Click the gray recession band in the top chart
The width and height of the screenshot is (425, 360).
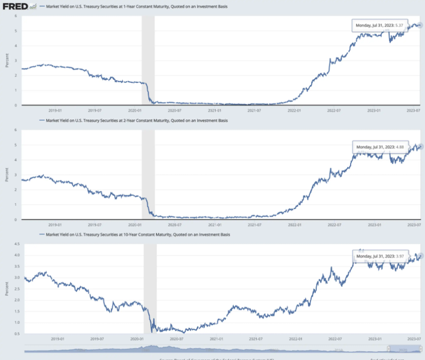pos(148,59)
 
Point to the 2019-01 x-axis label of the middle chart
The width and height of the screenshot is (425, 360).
pos(55,224)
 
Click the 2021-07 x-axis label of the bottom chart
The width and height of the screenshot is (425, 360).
pos(254,339)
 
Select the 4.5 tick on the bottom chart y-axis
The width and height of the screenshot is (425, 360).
pos(17,244)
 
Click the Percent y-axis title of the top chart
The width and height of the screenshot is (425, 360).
pos(7,60)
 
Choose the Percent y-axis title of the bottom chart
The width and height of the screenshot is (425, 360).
pos(7,289)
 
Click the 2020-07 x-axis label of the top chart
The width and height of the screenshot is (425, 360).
pos(175,110)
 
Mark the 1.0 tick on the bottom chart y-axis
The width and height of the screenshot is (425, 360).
pos(17,322)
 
